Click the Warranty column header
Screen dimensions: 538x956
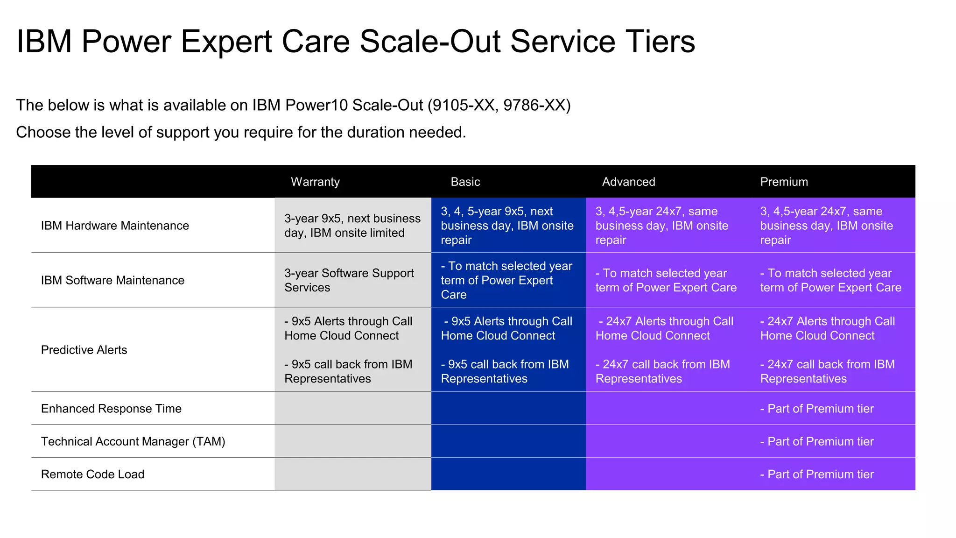pos(315,182)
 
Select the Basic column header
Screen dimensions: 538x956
pos(465,182)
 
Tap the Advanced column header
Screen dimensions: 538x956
pos(628,182)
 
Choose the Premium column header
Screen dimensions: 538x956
pos(784,182)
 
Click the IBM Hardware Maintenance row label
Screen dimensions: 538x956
pos(115,226)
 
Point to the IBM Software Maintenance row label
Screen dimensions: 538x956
pos(112,280)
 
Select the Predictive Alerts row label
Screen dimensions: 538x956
pos(84,350)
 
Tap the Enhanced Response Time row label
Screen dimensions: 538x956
pos(111,409)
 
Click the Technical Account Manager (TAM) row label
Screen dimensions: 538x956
pos(133,441)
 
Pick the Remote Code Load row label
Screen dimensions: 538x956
pos(92,474)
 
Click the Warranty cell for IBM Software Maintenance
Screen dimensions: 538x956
pos(349,280)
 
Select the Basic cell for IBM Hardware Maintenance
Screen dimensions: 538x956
pos(507,226)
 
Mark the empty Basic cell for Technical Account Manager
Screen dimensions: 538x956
pos(508,441)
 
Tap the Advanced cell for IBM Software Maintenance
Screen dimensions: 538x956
pos(666,280)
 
